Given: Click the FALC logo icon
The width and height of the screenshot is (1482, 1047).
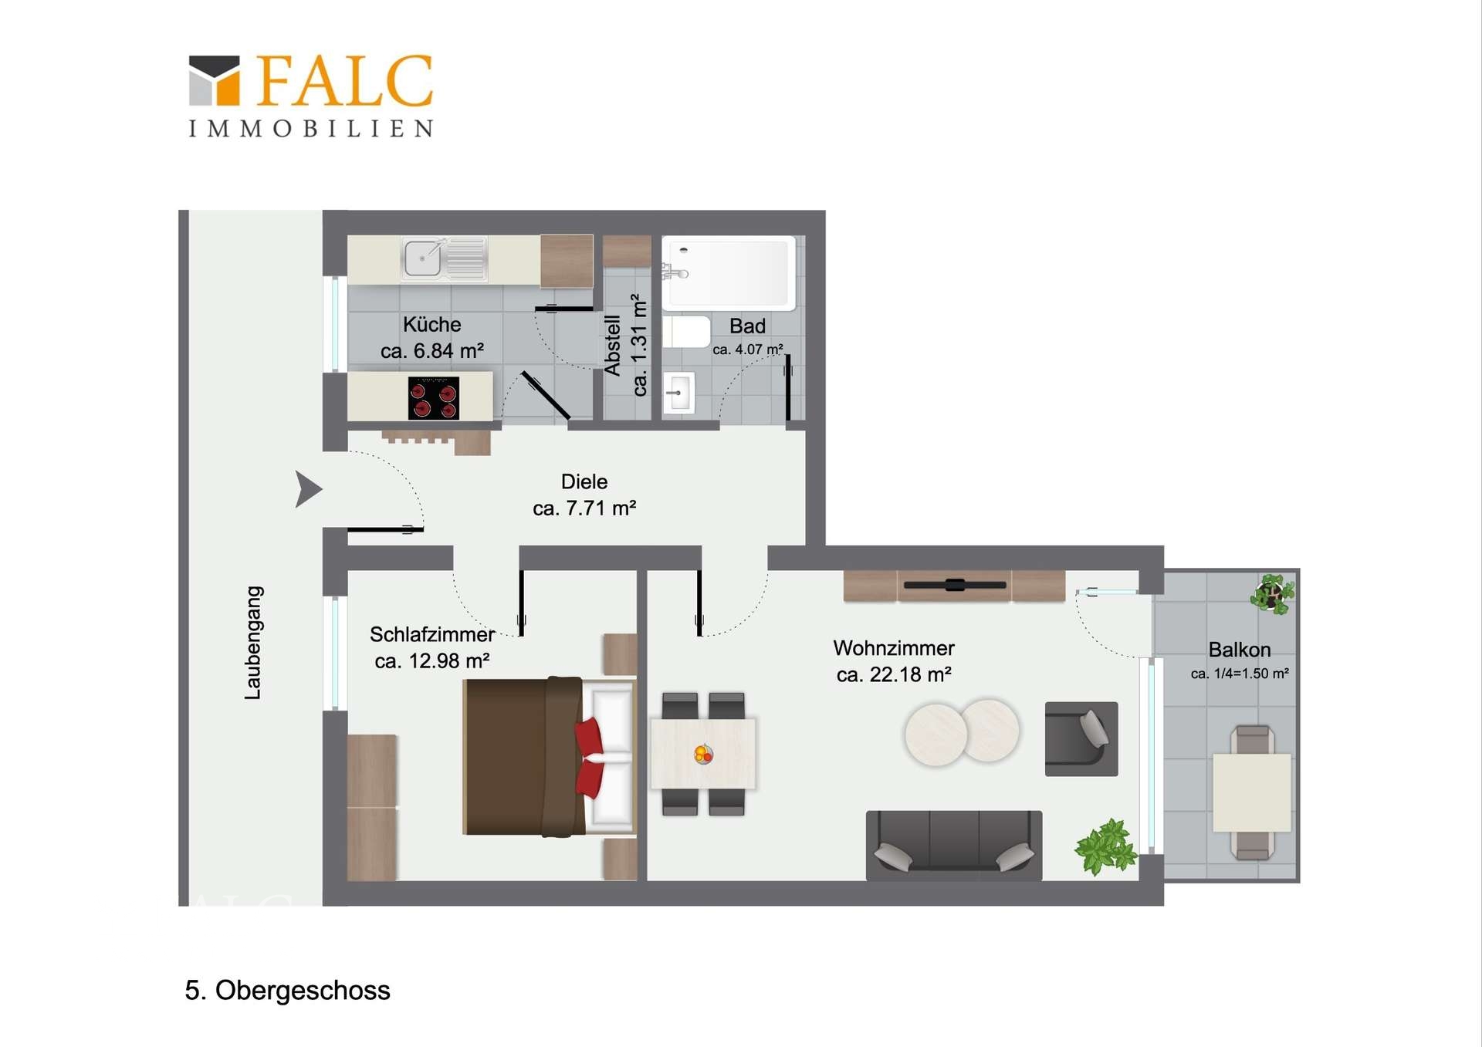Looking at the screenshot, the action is pos(215,80).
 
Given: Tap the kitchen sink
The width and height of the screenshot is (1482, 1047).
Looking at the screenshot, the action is pos(444,258).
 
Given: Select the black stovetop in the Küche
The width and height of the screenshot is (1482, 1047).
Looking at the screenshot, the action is pos(434,398).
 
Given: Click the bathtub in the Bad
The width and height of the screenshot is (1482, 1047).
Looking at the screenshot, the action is pos(729,272).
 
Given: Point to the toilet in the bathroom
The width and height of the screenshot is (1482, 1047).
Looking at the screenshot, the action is pos(686,332).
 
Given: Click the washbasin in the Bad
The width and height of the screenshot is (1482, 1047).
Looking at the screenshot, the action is pos(678,393).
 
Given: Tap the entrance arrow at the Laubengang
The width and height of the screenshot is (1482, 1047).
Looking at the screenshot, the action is pos(308,489).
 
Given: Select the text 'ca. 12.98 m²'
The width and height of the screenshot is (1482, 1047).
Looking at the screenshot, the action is pos(432,661).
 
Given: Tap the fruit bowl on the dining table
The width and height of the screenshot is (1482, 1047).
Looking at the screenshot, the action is pos(703,754).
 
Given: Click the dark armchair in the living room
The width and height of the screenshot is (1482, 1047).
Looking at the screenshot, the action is pos(1081,738).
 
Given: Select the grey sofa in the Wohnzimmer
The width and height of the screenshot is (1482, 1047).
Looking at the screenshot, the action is pos(954,845).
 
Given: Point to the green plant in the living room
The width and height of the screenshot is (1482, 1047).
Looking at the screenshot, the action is pos(1105,847).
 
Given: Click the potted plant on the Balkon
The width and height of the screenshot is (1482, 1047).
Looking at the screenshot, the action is pos(1272,594).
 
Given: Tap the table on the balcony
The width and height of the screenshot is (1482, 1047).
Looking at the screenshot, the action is pos(1252,792).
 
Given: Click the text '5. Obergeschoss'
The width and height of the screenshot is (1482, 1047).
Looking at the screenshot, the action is pos(287,991).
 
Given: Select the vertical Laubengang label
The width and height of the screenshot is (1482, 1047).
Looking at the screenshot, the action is pos(253,643).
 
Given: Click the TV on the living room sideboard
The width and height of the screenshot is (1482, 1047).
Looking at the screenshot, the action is pos(955,585).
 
